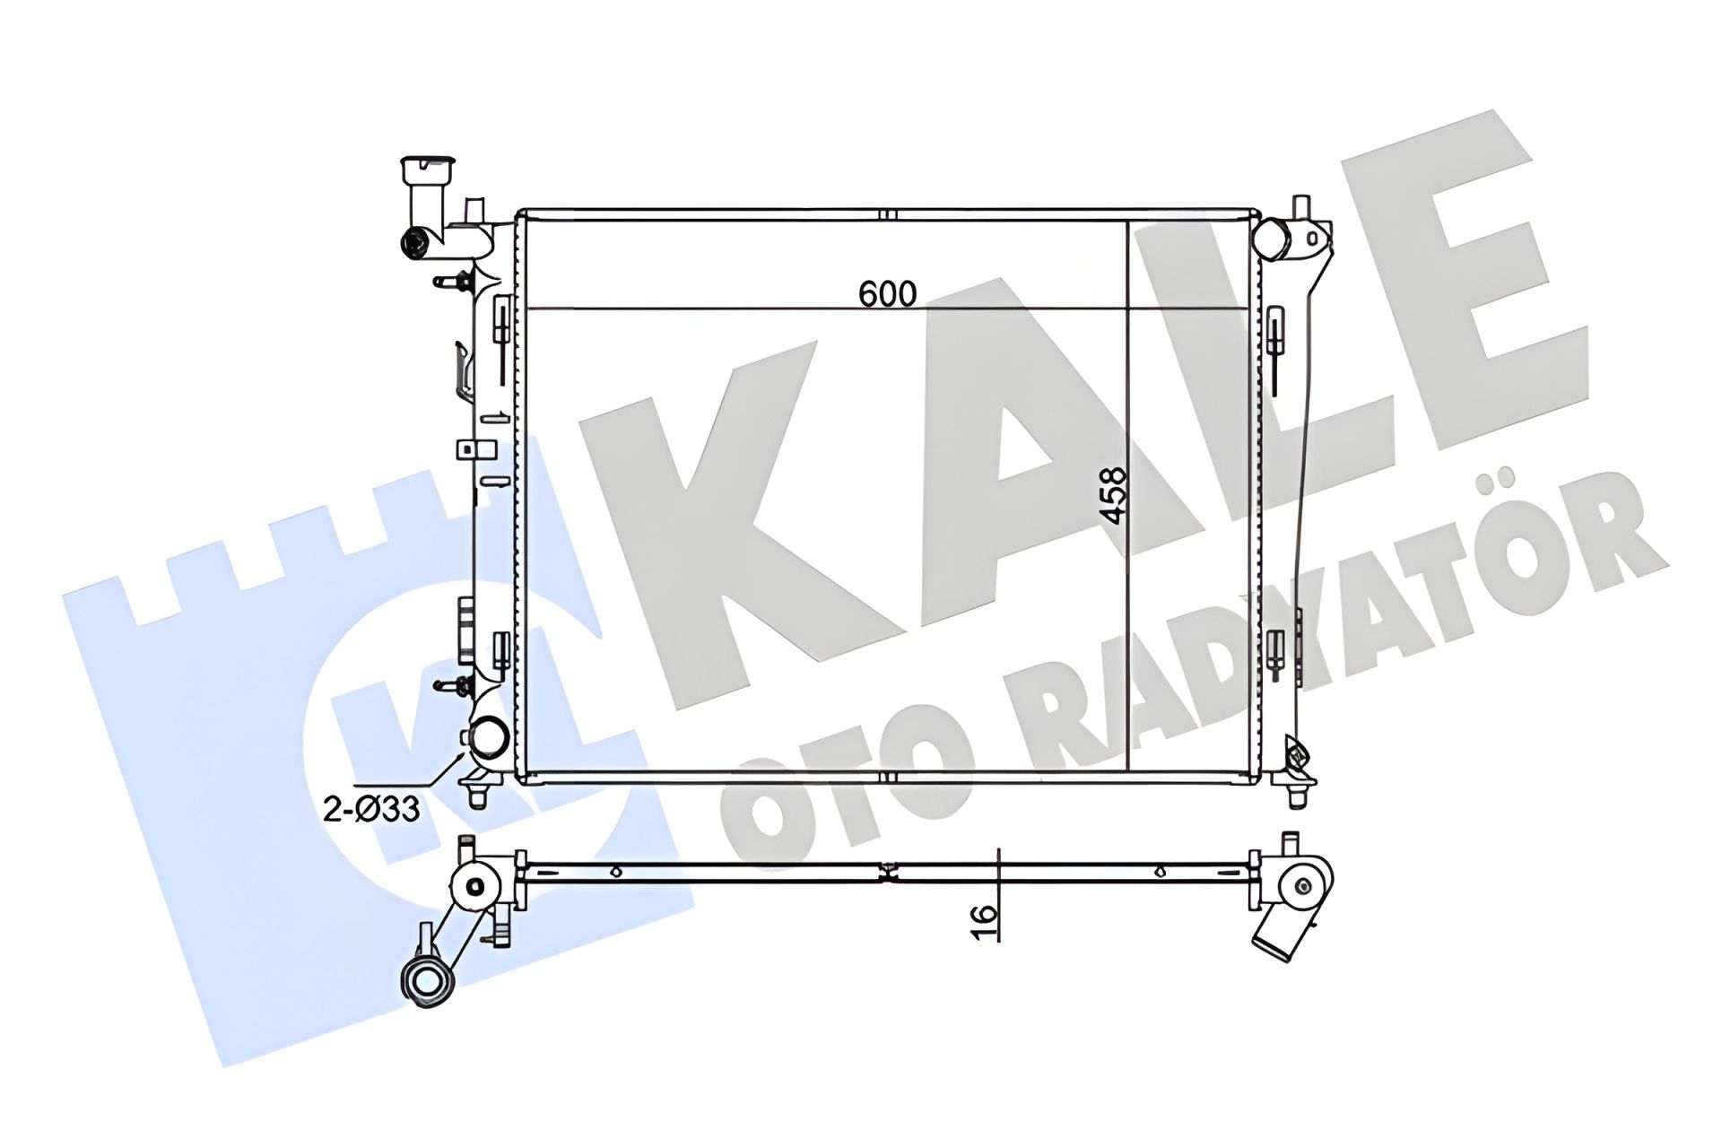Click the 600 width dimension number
[x=887, y=293]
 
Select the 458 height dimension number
[x=1112, y=496]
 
